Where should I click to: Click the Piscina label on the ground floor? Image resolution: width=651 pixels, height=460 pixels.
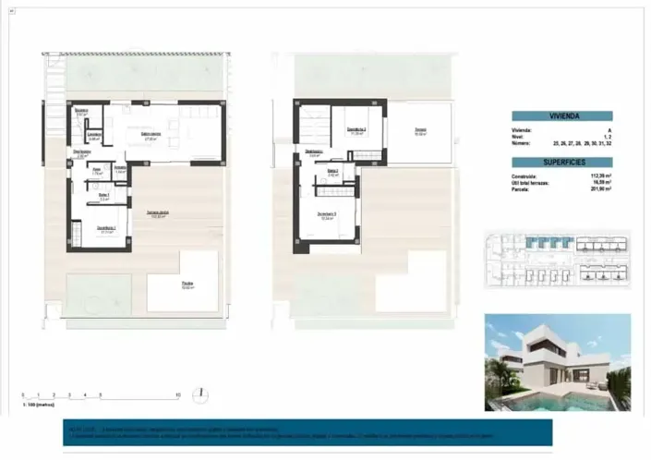click(187, 284)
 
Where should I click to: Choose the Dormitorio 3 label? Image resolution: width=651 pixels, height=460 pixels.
click(326, 215)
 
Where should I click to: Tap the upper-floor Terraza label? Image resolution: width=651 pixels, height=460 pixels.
click(419, 131)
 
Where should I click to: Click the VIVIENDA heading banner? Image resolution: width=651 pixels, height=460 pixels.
click(563, 117)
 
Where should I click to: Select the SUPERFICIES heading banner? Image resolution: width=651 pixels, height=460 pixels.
click(563, 162)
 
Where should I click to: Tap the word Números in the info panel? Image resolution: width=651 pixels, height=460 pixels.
click(524, 143)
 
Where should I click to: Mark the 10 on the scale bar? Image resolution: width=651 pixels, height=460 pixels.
click(176, 394)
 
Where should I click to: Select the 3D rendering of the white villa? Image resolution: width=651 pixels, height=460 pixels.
click(557, 361)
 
